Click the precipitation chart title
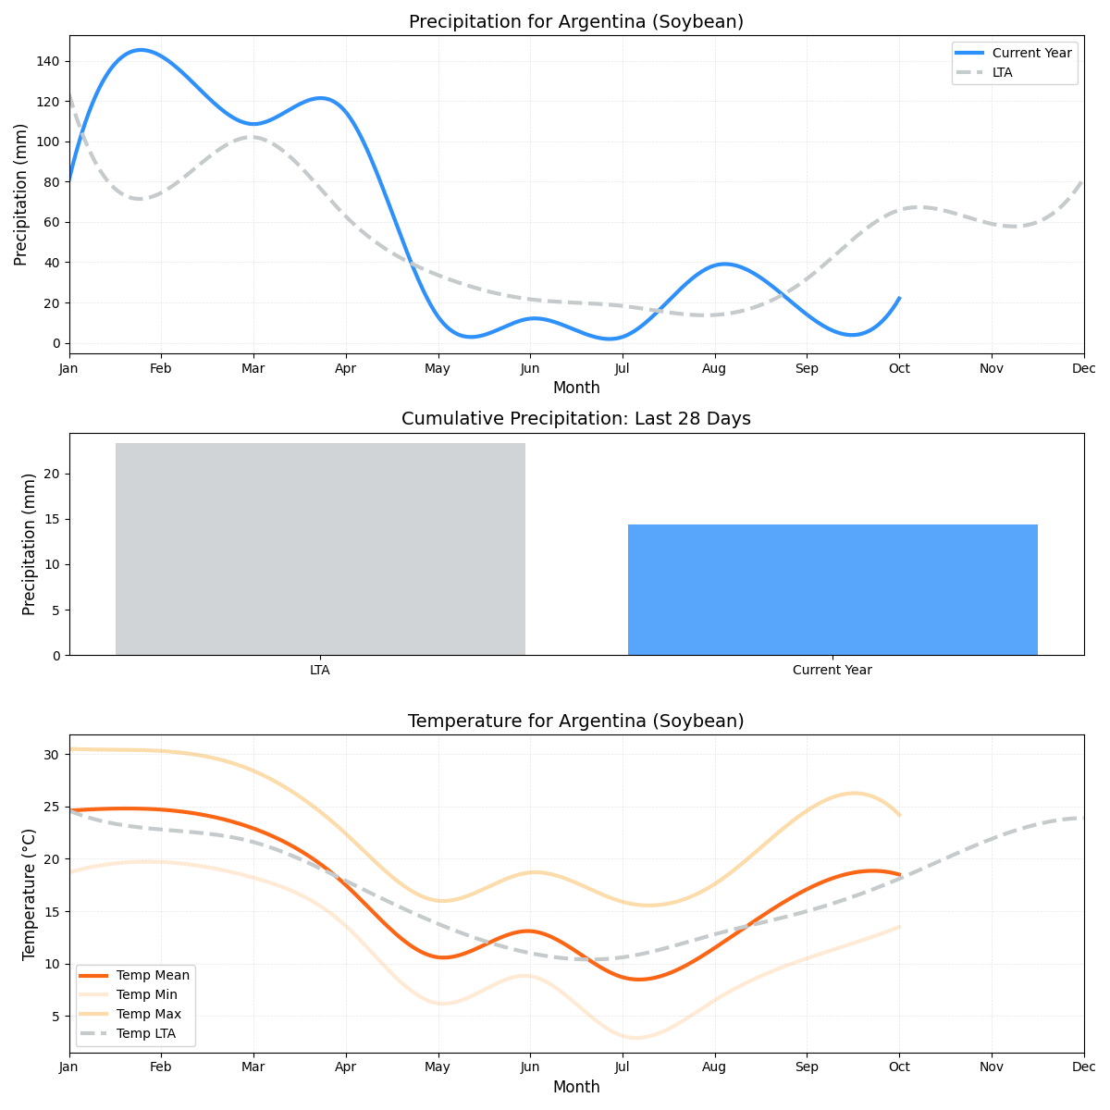point(575,22)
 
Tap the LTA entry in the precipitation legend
point(1002,72)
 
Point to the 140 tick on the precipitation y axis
point(48,61)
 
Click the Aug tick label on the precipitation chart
point(714,368)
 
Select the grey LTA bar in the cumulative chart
point(320,549)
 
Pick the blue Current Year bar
point(832,589)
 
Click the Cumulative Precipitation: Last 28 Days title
point(575,419)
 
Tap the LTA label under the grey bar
point(320,671)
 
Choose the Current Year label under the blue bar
point(832,671)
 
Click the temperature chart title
point(575,721)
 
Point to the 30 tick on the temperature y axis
point(52,755)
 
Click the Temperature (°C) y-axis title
point(30,894)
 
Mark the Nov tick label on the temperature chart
point(992,1067)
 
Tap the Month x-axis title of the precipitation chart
point(575,388)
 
